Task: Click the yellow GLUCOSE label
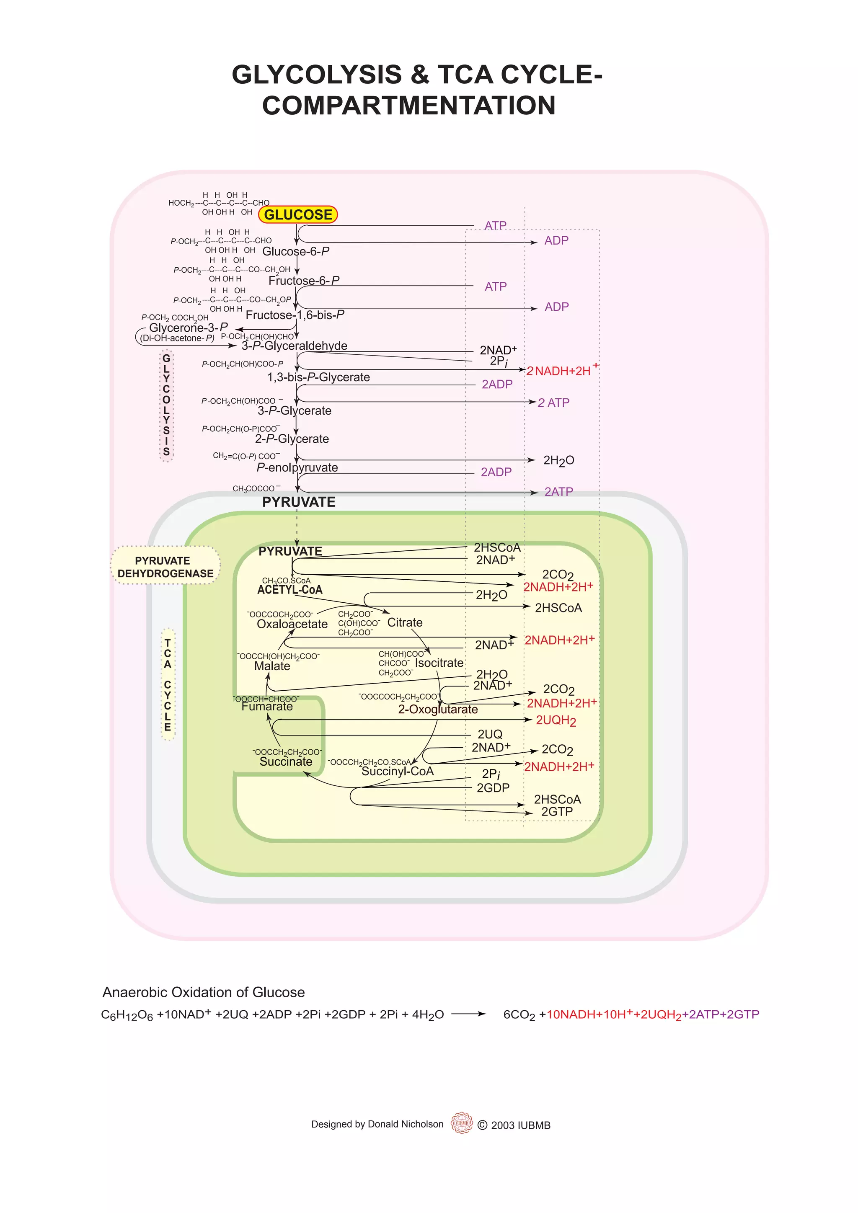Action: point(298,214)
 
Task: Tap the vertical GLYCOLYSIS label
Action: point(166,405)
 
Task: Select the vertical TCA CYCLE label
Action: point(168,684)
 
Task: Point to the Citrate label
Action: point(405,622)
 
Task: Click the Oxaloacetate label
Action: point(292,624)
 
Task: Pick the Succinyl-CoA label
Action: point(397,772)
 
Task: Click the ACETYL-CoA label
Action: point(289,590)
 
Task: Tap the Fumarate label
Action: point(267,706)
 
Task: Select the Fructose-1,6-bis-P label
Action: point(295,315)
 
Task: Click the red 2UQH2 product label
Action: point(556,720)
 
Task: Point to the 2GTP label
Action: point(557,811)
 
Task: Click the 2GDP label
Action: point(493,788)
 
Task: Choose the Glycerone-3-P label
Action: point(188,328)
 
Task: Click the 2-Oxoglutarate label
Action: point(437,710)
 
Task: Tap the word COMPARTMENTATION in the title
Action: point(409,105)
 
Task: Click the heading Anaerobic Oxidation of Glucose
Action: point(204,992)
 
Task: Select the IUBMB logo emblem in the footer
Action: point(462,1123)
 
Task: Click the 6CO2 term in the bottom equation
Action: point(519,1014)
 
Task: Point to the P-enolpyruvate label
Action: point(297,467)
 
